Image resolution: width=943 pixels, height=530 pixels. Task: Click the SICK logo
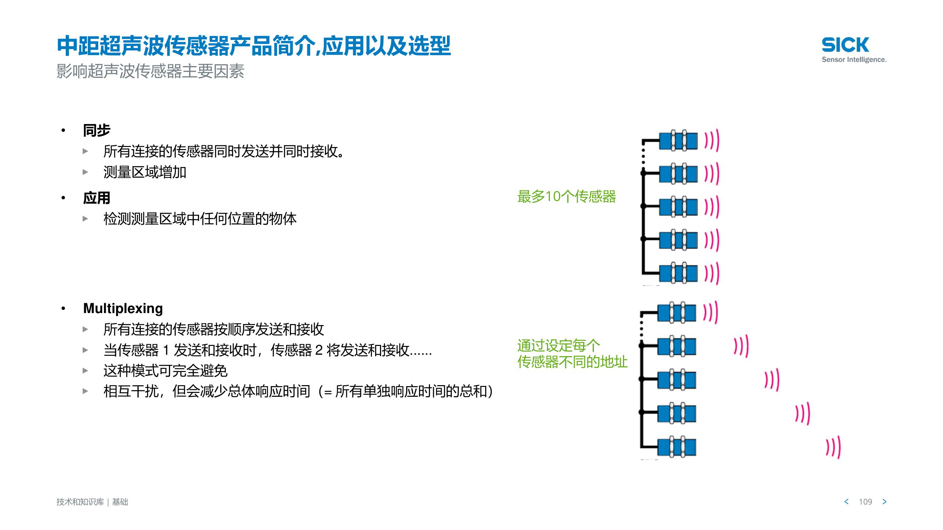845,45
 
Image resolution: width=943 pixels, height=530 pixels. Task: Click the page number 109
866,502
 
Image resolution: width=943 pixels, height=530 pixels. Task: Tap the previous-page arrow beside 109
846,501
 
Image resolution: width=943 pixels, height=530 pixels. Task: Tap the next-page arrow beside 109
884,501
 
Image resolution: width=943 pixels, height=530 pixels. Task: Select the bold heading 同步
97,131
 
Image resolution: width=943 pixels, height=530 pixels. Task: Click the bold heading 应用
97,198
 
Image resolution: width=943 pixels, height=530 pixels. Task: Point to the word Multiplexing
123,308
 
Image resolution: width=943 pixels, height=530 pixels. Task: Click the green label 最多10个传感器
566,197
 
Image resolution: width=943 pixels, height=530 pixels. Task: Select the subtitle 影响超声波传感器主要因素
150,71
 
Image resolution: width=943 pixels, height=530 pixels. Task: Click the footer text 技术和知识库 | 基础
92,502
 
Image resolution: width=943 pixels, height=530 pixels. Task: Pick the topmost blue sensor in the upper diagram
678,141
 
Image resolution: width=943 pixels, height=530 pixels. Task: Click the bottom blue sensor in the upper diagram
678,273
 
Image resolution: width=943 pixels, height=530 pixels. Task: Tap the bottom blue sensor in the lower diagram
677,447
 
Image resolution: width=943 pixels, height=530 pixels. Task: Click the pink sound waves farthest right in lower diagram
833,447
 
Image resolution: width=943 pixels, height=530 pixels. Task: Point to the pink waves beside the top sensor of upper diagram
712,141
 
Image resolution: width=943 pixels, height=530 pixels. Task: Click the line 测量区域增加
145,172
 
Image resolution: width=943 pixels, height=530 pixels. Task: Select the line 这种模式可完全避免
165,371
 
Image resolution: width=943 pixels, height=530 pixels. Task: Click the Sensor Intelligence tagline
854,60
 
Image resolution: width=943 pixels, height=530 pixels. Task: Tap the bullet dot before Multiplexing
63,309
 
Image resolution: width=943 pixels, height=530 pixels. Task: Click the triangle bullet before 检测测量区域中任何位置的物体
85,219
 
